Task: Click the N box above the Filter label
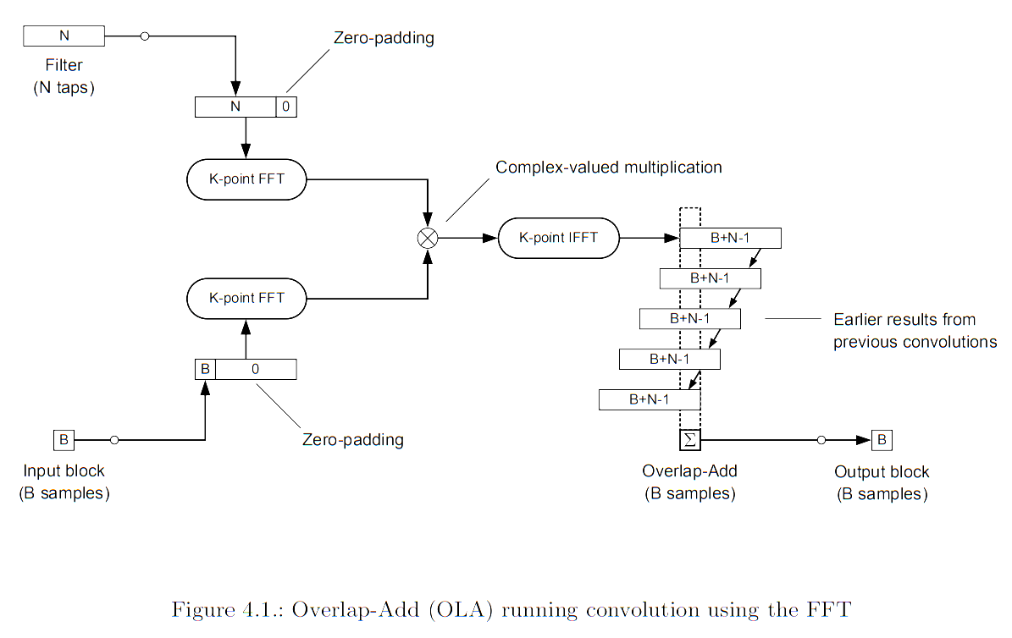pyautogui.click(x=64, y=36)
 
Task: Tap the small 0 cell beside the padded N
pyautogui.click(x=286, y=107)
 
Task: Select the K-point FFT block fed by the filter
pyautogui.click(x=246, y=180)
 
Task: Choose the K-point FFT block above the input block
pyautogui.click(x=246, y=298)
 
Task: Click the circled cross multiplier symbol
pyautogui.click(x=428, y=238)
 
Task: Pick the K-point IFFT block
pyautogui.click(x=558, y=238)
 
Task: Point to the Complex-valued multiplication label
pyautogui.click(x=608, y=168)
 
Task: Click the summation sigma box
pyautogui.click(x=688, y=440)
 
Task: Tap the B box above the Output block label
pyautogui.click(x=882, y=440)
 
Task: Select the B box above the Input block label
pyautogui.click(x=64, y=440)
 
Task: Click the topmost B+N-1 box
pyautogui.click(x=730, y=238)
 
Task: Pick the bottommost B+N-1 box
pyautogui.click(x=649, y=400)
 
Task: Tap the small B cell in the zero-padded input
pyautogui.click(x=205, y=370)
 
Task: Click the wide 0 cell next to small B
pyautogui.click(x=256, y=370)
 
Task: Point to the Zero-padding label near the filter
pyautogui.click(x=384, y=38)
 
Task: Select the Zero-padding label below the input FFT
pyautogui.click(x=352, y=440)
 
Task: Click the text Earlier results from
pyautogui.click(x=904, y=320)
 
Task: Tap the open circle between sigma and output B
pyautogui.click(x=821, y=440)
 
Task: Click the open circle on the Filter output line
pyautogui.click(x=145, y=36)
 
